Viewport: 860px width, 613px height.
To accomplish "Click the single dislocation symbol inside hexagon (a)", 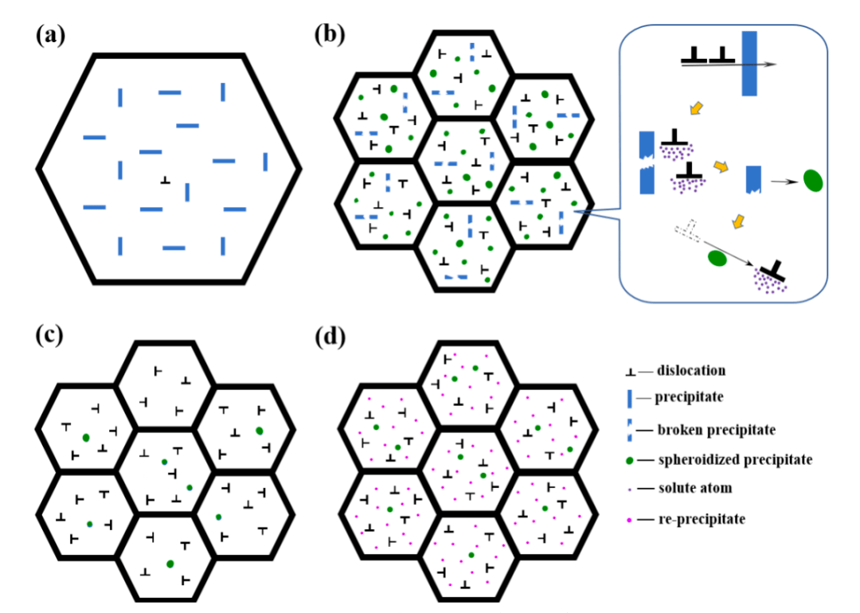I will tap(165, 180).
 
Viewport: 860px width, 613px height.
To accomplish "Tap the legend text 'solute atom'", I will tap(693, 488).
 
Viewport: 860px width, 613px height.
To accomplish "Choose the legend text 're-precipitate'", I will tap(697, 519).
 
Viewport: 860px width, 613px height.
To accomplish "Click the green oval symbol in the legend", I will tap(631, 459).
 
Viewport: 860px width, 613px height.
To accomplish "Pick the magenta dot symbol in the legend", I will tap(630, 520).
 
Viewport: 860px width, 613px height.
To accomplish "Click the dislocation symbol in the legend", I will tap(631, 371).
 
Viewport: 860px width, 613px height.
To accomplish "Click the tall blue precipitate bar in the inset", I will tap(749, 64).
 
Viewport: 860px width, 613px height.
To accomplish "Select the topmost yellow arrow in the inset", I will tap(695, 108).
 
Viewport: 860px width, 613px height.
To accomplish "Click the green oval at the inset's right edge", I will tap(812, 181).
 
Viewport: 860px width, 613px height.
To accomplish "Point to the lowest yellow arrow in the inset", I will tap(738, 220).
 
